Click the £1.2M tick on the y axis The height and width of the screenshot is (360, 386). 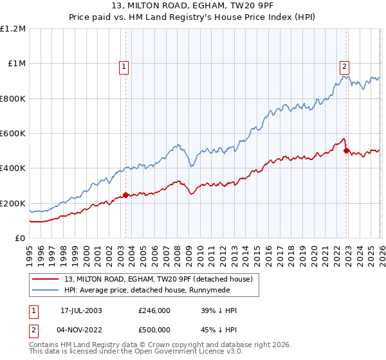(13, 29)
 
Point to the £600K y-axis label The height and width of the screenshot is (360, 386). (13, 134)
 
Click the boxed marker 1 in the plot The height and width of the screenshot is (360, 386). (122, 65)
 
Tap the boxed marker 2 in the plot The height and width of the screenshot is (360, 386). (345, 65)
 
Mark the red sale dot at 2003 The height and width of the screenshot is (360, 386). (126, 195)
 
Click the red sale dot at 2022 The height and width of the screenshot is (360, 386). (347, 151)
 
